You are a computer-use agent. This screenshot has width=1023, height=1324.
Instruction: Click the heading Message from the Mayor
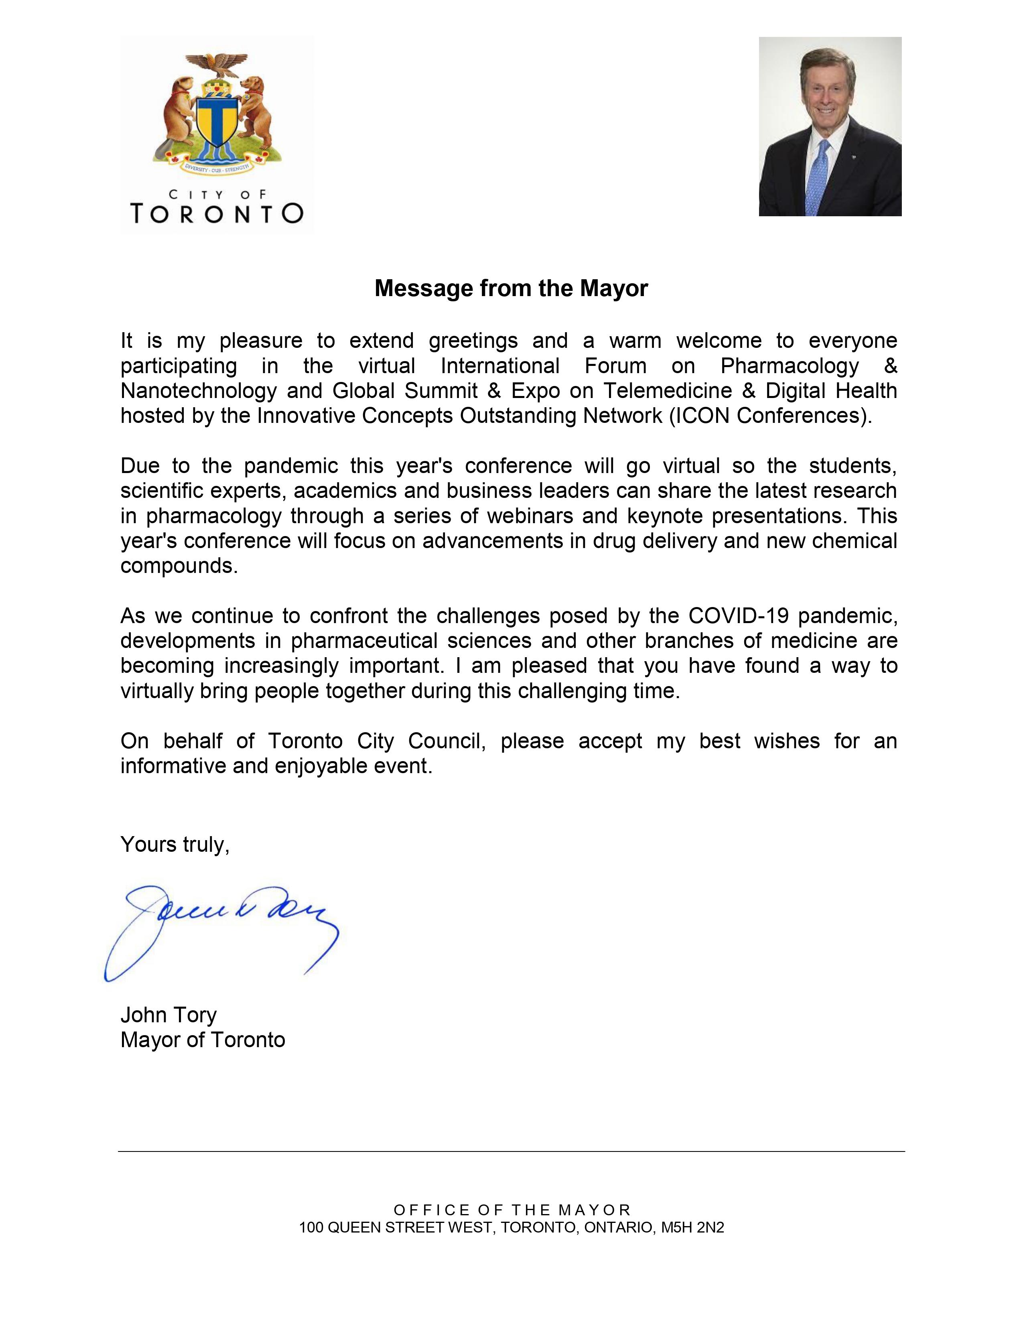click(511, 288)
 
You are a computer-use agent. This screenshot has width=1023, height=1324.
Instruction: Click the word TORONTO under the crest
click(217, 213)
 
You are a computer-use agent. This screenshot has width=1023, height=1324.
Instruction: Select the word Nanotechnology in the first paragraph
click(198, 391)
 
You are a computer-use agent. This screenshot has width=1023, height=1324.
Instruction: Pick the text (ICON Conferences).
click(770, 416)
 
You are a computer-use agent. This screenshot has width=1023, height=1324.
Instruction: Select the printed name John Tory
click(168, 1015)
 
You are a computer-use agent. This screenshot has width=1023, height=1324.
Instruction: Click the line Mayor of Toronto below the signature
click(203, 1040)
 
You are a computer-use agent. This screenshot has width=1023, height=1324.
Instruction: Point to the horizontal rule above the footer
click(511, 1151)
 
